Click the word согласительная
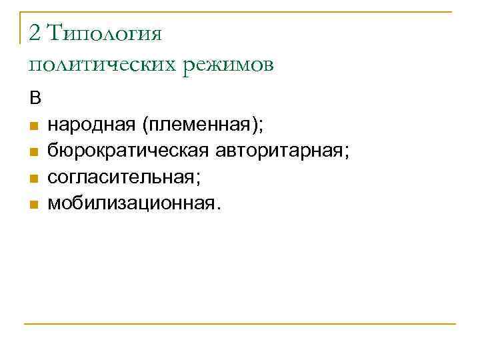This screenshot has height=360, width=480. tap(120, 177)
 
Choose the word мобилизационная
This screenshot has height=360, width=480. tap(128, 203)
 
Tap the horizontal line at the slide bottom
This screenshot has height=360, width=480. tap(240, 324)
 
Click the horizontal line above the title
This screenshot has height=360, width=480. tap(240, 12)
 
